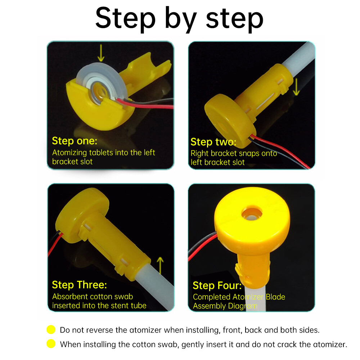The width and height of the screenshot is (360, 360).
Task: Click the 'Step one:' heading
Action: [75, 140]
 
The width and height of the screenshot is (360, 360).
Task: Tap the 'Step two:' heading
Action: [213, 141]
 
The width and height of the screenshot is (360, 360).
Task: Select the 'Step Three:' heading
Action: [79, 285]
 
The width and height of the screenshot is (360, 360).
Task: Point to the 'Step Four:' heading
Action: [217, 285]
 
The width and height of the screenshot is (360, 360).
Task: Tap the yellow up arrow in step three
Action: [161, 266]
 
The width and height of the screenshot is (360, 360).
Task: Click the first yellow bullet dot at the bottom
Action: [51, 329]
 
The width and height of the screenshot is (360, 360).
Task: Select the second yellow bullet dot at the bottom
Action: [51, 344]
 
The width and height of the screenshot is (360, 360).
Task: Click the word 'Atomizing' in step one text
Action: [68, 152]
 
